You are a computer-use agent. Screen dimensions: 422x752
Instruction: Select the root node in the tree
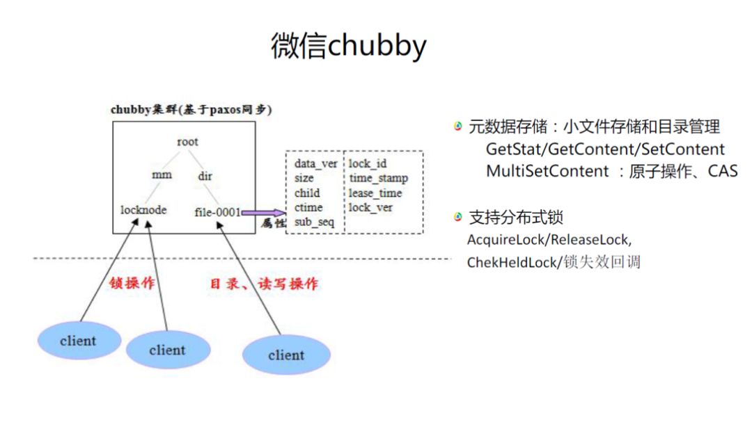pyautogui.click(x=187, y=142)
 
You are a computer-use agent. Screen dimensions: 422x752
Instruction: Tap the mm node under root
pyautogui.click(x=162, y=175)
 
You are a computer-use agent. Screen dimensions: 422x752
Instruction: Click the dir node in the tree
pyautogui.click(x=205, y=176)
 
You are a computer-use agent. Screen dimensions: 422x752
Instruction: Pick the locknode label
pyautogui.click(x=143, y=209)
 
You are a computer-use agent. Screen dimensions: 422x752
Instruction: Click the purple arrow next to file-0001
pyautogui.click(x=263, y=212)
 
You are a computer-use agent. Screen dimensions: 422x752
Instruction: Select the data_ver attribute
pyautogui.click(x=315, y=164)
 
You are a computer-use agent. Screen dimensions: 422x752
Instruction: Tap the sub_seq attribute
pyautogui.click(x=314, y=222)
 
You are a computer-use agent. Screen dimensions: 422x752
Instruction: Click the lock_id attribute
pyautogui.click(x=368, y=164)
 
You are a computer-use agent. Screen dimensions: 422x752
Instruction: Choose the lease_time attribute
pyautogui.click(x=375, y=193)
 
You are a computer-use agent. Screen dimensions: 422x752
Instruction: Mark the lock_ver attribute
pyautogui.click(x=370, y=207)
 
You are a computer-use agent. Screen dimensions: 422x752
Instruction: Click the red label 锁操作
pyautogui.click(x=132, y=284)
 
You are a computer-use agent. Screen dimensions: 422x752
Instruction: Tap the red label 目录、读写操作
pyautogui.click(x=265, y=284)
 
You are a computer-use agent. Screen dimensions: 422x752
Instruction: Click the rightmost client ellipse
pyautogui.click(x=286, y=355)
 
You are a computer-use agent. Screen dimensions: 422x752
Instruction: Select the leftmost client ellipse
pyautogui.click(x=78, y=341)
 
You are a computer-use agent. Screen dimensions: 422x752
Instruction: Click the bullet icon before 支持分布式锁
pyautogui.click(x=457, y=218)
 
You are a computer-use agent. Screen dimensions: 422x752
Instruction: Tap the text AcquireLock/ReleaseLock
pyautogui.click(x=549, y=240)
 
